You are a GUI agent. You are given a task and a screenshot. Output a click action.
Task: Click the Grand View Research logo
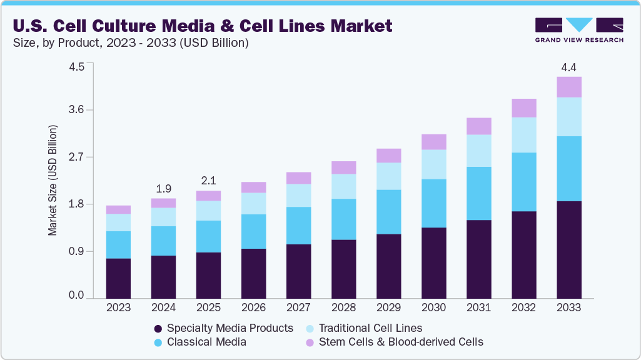coord(579,29)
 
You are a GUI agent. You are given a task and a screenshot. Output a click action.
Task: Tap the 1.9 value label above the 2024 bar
coord(163,188)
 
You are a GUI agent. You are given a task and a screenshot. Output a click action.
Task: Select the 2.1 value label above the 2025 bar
coord(208,181)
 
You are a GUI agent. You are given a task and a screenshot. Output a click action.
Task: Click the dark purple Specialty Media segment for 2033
coord(568,249)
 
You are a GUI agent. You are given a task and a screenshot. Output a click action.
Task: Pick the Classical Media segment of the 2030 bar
coord(433,203)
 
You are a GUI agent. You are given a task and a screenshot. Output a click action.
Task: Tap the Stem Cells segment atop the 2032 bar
coord(523,108)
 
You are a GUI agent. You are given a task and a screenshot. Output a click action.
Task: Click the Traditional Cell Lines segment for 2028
coord(343,186)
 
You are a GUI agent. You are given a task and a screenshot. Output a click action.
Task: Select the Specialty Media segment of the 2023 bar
coord(118,278)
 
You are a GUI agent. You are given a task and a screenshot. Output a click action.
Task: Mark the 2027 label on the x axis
coord(298,307)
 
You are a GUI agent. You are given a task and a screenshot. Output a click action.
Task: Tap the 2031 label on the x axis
coord(478,307)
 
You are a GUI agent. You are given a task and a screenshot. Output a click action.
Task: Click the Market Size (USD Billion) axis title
coord(53,181)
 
